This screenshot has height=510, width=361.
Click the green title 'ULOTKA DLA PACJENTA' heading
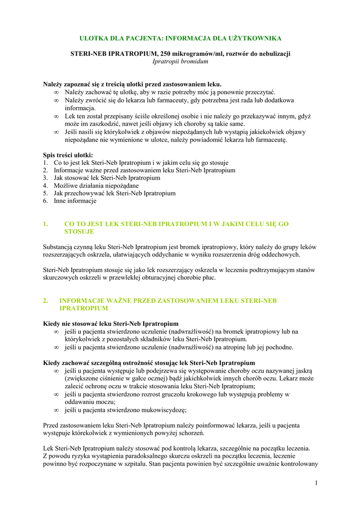pyautogui.click(x=180, y=38)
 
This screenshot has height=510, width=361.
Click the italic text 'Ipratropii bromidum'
pyautogui.click(x=180, y=61)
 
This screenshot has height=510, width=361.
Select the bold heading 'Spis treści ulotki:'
pyautogui.click(x=68, y=155)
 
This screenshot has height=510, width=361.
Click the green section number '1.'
pyautogui.click(x=46, y=224)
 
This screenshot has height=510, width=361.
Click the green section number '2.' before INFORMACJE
pyautogui.click(x=46, y=301)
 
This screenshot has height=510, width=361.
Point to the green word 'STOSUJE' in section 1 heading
pyautogui.click(x=79, y=232)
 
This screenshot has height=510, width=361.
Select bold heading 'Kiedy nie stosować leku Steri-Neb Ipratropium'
pyautogui.click(x=111, y=324)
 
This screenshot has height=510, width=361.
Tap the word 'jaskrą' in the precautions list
pyautogui.click(x=301, y=371)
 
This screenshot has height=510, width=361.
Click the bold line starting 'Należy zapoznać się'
pyautogui.click(x=132, y=84)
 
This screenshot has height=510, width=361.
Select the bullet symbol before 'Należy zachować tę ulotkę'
pyautogui.click(x=56, y=92)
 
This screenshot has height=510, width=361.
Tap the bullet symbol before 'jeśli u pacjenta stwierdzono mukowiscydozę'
pyautogui.click(x=56, y=410)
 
